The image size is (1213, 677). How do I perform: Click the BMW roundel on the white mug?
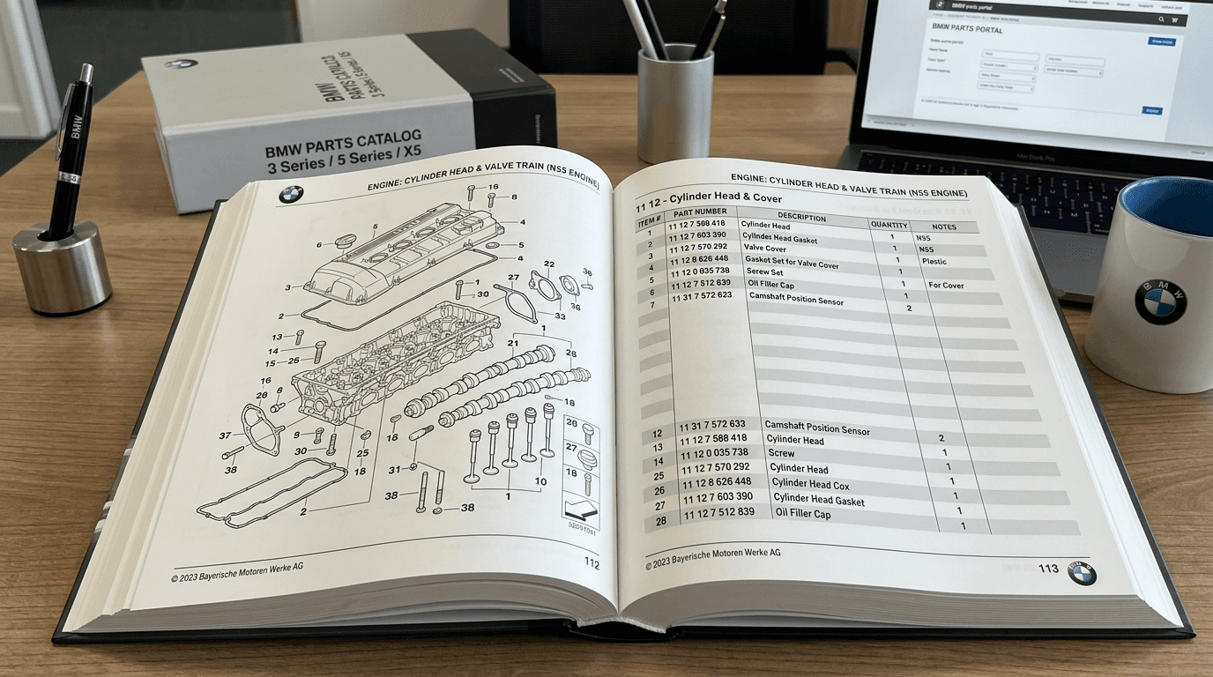(x=1159, y=301)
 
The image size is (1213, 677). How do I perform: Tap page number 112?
(x=592, y=563)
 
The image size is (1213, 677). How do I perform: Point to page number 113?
(x=1048, y=569)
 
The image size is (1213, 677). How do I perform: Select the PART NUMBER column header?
(x=699, y=212)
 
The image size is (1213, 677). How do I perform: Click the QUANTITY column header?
(x=889, y=225)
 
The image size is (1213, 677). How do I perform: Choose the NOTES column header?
(x=943, y=227)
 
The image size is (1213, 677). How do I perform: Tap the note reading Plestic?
(x=934, y=262)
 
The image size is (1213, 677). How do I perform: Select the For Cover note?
(x=946, y=286)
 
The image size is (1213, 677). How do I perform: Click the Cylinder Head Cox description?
(x=810, y=484)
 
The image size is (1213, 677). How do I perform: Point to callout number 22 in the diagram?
(x=548, y=264)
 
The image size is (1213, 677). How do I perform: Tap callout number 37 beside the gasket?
(x=225, y=435)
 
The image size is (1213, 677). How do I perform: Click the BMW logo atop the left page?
(x=291, y=195)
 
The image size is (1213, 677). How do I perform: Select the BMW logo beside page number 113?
(x=1082, y=573)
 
